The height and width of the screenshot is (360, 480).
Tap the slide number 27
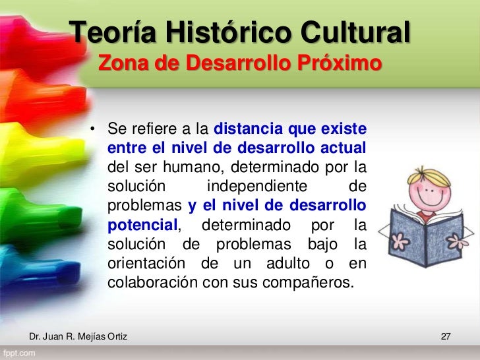coord(445,338)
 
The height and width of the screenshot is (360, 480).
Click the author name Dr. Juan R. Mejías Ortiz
coord(78,338)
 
